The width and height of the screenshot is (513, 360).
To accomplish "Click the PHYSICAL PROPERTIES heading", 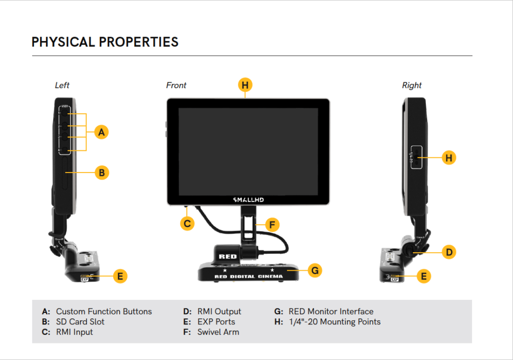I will [105, 42].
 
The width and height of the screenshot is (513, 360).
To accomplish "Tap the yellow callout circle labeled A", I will [101, 132].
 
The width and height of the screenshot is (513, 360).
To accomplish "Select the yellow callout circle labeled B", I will [101, 172].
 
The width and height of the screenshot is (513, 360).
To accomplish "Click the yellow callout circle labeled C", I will [187, 224].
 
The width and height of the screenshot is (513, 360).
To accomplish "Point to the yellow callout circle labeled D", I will [449, 252].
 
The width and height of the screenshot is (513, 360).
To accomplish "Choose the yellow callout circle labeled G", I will [315, 271].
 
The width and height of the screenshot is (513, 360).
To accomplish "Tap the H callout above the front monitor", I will [245, 85].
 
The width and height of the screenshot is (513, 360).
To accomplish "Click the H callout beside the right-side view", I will [449, 158].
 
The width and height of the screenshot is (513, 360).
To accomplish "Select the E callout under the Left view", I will [120, 276].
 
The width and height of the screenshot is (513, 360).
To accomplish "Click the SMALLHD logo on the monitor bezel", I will [248, 200].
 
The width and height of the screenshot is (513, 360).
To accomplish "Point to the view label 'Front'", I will [176, 85].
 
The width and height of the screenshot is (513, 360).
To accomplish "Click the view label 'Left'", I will [62, 85].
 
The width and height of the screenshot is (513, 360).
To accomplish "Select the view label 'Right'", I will [412, 85].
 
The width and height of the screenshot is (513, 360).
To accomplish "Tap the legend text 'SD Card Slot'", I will [80, 322].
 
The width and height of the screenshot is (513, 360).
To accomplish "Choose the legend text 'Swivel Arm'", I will [218, 332].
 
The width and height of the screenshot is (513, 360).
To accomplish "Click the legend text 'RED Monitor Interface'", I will [331, 311].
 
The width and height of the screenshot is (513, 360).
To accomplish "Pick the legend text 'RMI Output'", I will [219, 311].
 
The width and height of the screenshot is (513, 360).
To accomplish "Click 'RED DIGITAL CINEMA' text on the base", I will [248, 276].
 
